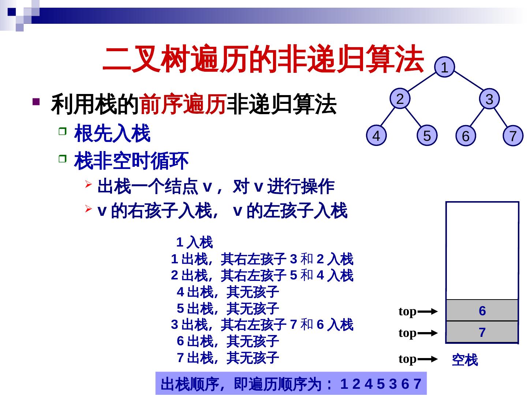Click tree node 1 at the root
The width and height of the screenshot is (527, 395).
(444, 68)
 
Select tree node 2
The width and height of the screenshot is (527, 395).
(400, 99)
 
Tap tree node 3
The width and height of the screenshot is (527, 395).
(489, 99)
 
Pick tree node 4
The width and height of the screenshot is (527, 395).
(376, 136)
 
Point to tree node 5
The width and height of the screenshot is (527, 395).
(427, 136)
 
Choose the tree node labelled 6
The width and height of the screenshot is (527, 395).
(466, 136)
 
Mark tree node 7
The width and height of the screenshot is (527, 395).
(513, 136)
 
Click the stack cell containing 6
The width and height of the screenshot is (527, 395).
(482, 311)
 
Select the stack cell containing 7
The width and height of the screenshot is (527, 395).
(482, 332)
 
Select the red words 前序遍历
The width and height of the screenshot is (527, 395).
(182, 105)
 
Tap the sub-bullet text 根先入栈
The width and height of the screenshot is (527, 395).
(112, 133)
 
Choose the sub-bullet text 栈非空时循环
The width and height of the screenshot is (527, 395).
(131, 161)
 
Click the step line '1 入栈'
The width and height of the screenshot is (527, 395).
(194, 242)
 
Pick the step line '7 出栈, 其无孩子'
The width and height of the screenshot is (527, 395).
(228, 357)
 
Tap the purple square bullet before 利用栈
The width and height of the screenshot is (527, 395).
(36, 101)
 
